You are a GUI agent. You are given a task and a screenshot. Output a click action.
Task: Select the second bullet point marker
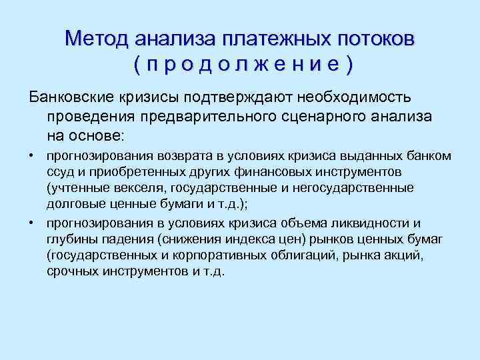31,223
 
